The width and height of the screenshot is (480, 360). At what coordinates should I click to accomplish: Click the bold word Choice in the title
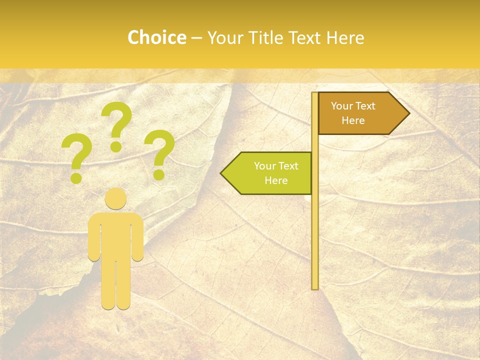pos(156,38)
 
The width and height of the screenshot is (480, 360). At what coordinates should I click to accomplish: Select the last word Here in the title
pos(345,38)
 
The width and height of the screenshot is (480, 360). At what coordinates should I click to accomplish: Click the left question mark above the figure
pos(76,157)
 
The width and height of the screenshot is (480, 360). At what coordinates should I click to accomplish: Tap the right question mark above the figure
pos(159,154)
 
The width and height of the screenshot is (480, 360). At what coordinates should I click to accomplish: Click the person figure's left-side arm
pos(94,237)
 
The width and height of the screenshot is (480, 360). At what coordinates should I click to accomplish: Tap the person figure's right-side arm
pos(137,237)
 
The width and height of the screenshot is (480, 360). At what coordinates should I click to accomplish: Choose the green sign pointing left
pos(270,173)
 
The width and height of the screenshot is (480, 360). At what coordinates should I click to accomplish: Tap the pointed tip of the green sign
pos(223,173)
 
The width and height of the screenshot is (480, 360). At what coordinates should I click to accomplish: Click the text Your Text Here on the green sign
pos(276,173)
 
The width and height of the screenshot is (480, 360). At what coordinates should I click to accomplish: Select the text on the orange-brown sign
pos(353,113)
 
